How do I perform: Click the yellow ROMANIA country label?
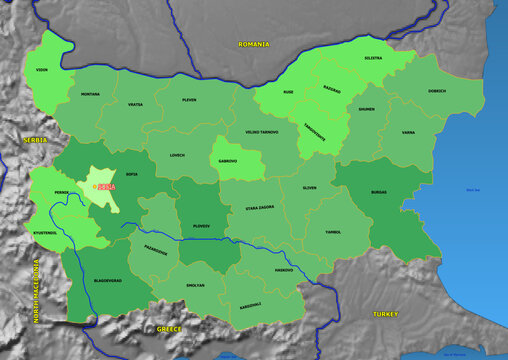[254, 44]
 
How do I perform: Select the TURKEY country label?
[385, 313]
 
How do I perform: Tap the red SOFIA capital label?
[104, 186]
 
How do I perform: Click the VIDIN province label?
[42, 71]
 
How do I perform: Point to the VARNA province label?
[408, 132]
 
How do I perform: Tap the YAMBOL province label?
[332, 231]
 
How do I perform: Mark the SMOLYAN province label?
[194, 285]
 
